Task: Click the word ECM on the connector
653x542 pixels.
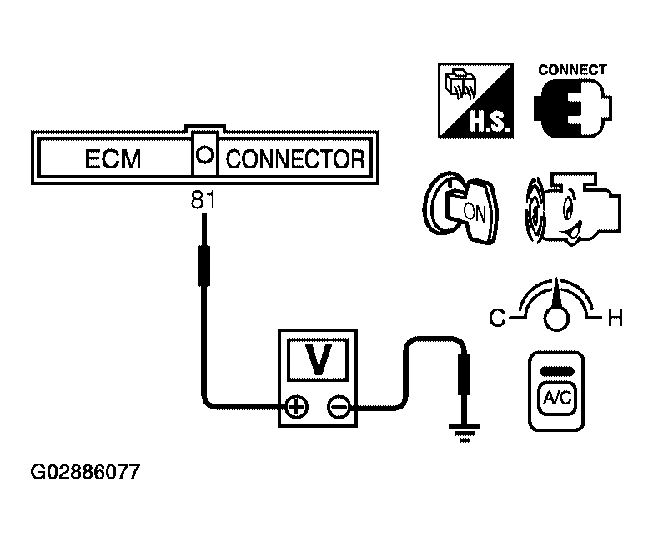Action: pyautogui.click(x=113, y=158)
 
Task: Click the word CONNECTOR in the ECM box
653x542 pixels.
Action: pyautogui.click(x=295, y=158)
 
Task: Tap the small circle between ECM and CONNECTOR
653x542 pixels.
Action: pyautogui.click(x=204, y=156)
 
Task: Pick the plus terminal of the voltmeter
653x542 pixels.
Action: pyautogui.click(x=296, y=407)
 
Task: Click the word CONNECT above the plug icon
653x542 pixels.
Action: pyautogui.click(x=572, y=70)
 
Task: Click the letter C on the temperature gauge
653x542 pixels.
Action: pyautogui.click(x=497, y=319)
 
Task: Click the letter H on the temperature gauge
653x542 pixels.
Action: pyautogui.click(x=615, y=319)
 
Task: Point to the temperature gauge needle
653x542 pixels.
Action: pyautogui.click(x=555, y=297)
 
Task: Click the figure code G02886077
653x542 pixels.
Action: pyautogui.click(x=85, y=472)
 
